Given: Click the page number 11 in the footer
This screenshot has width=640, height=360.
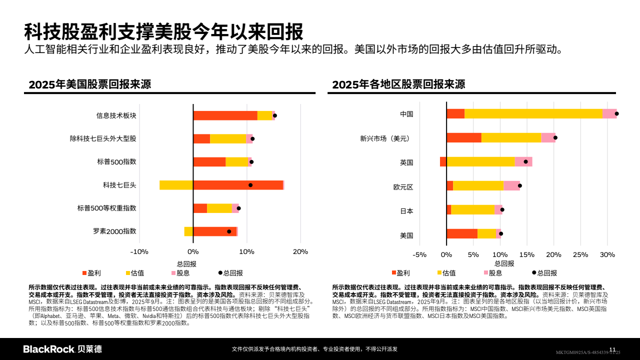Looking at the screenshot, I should [612, 348].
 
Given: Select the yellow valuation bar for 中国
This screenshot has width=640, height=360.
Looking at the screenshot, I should [533, 113].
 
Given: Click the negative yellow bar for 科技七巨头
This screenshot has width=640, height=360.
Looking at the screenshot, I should [176, 185].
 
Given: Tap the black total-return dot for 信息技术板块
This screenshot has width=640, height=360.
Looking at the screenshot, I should [274, 115].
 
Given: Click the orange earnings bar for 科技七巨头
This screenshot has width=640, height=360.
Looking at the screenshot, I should [238, 185].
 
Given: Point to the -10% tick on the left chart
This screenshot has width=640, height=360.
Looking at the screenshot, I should [139, 251].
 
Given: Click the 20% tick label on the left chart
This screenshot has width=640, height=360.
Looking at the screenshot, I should [300, 251].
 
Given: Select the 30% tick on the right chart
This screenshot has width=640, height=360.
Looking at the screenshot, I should [607, 254].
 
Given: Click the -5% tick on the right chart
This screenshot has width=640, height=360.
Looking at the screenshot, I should [420, 254].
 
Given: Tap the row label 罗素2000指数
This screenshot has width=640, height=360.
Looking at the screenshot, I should [114, 231].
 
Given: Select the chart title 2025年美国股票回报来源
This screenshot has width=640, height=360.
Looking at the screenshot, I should [90, 84].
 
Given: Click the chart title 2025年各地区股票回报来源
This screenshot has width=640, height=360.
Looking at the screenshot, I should [398, 84].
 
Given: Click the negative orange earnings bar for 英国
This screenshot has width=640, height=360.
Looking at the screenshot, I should [443, 161].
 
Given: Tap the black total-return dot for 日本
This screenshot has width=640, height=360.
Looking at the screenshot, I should [502, 210].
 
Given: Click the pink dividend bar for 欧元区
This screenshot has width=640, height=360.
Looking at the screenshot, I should [511, 185].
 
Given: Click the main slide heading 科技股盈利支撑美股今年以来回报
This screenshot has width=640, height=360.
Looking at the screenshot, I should [163, 31].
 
